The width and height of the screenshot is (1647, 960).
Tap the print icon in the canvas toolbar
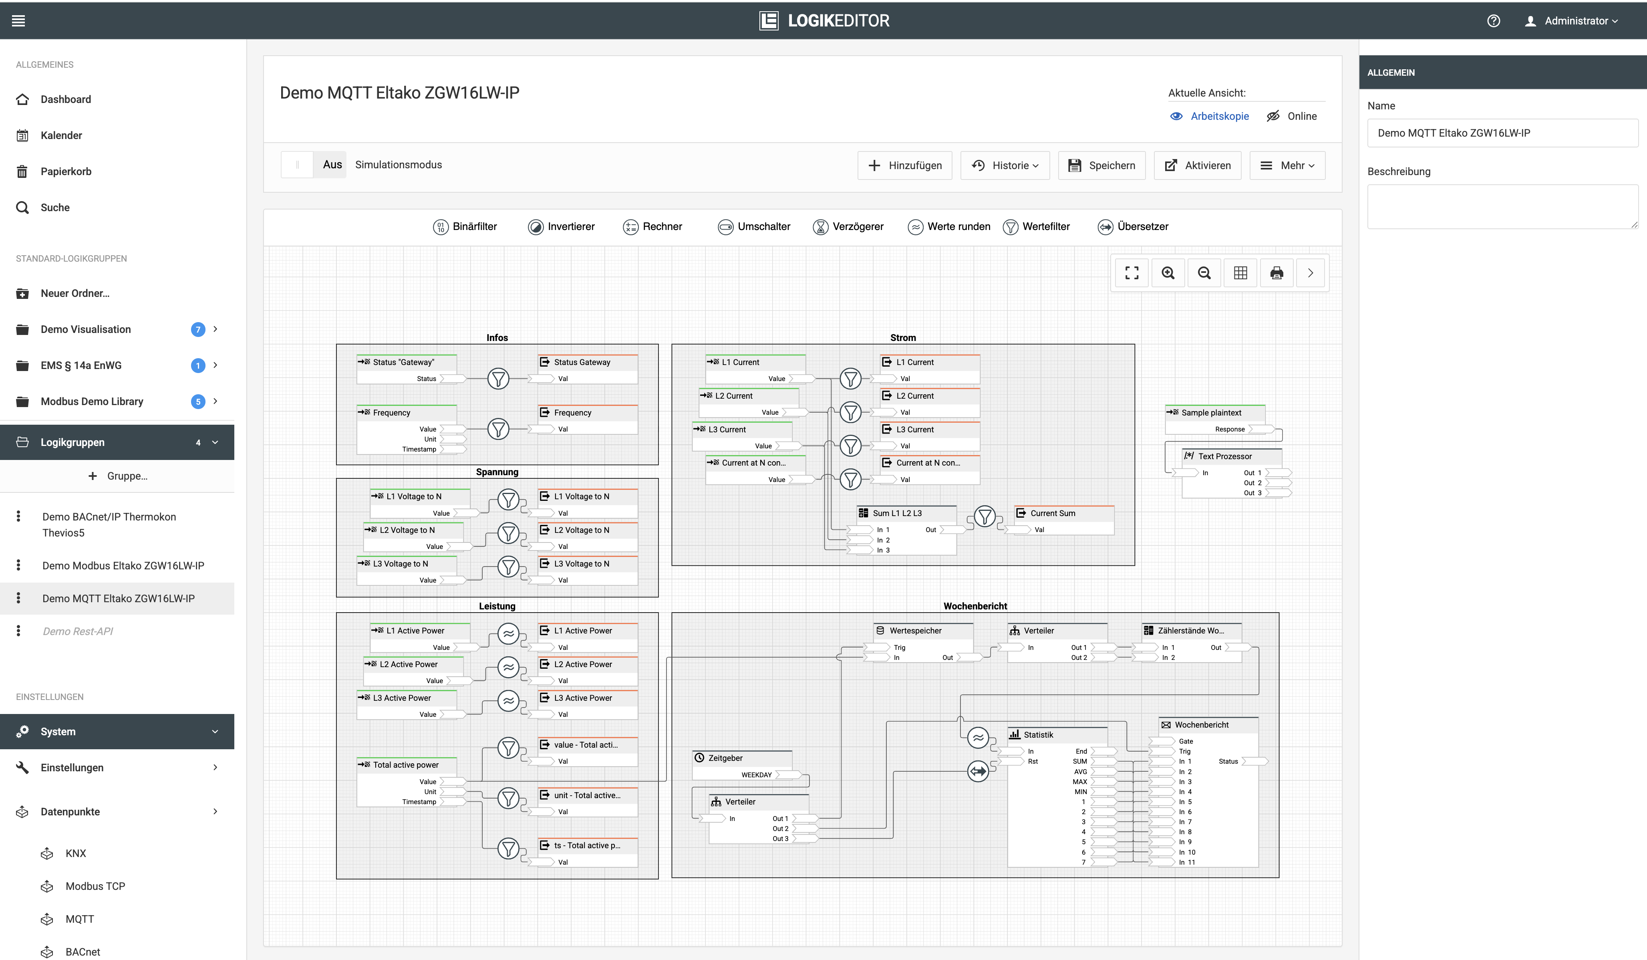pyautogui.click(x=1277, y=273)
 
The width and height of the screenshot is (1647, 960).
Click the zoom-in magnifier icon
pyautogui.click(x=1168, y=273)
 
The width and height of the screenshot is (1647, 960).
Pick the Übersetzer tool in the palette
pyautogui.click(x=1133, y=226)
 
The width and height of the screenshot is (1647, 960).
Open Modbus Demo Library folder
pyautogui.click(x=91, y=401)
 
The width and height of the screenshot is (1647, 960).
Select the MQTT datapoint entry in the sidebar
pyautogui.click(x=80, y=919)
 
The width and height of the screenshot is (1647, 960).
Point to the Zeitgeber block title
pyautogui.click(x=725, y=758)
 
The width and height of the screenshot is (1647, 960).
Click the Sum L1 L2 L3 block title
pyautogui.click(x=897, y=513)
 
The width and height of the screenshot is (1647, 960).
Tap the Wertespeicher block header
pyautogui.click(x=916, y=630)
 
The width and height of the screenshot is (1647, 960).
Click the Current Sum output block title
pyautogui.click(x=1053, y=513)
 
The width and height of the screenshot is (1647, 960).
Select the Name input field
pyautogui.click(x=1502, y=133)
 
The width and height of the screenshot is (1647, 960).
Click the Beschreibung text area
pyautogui.click(x=1502, y=206)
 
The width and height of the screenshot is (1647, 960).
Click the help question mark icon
pyautogui.click(x=1494, y=21)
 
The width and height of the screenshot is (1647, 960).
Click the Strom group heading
pyautogui.click(x=902, y=337)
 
